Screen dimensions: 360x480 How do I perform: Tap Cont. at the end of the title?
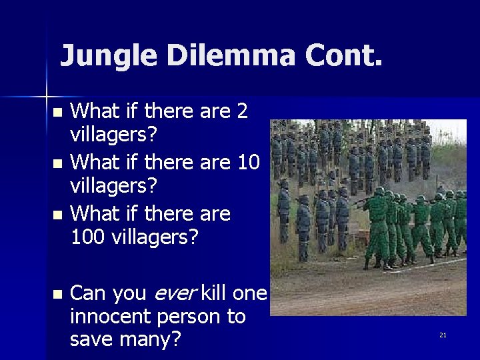click(345, 56)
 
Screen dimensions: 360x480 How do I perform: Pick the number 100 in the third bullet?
click(87, 235)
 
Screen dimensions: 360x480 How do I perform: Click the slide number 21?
click(443, 335)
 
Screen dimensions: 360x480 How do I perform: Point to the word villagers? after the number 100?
click(153, 235)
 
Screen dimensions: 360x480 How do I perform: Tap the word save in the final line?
click(94, 339)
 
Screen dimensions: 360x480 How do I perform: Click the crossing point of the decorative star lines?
click(46, 91)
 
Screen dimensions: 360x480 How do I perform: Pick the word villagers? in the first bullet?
click(114, 135)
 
